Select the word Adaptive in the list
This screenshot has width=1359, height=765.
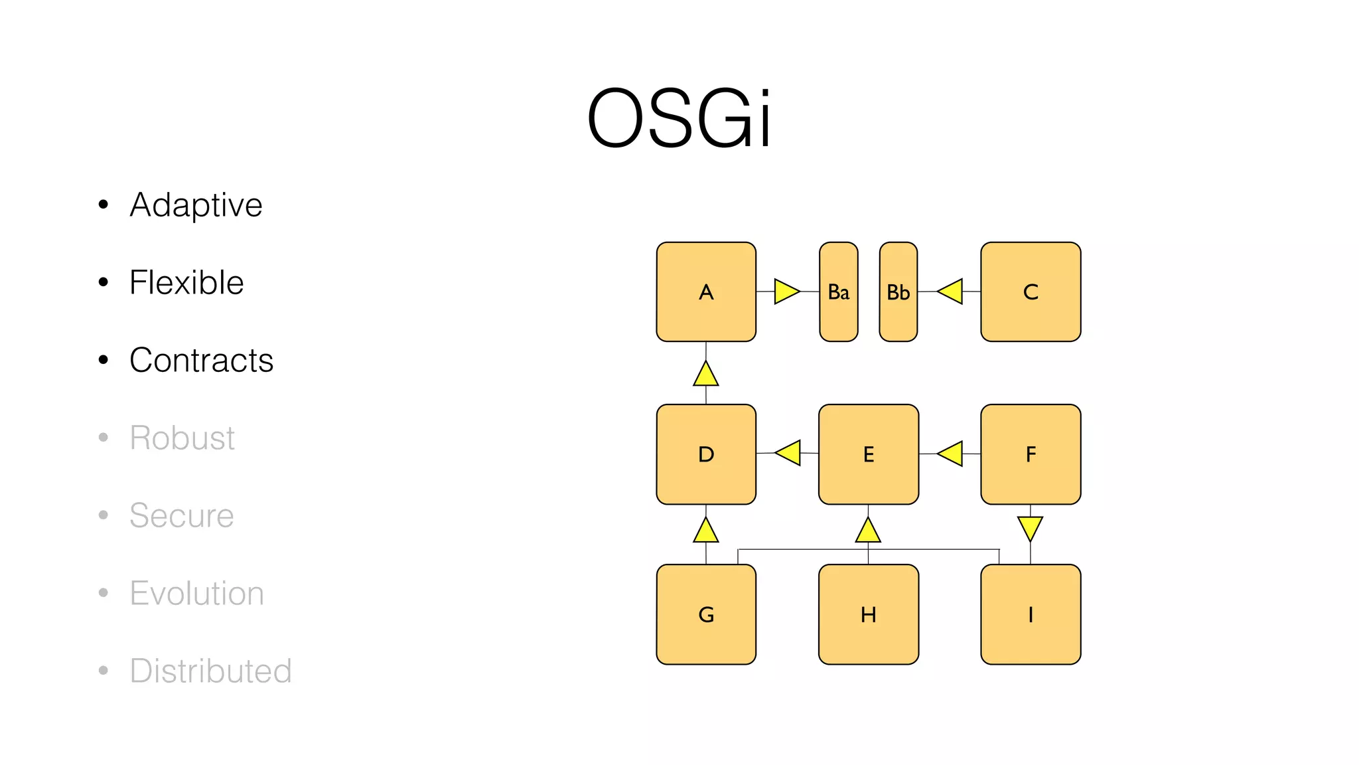tap(196, 205)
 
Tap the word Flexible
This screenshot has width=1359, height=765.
tap(186, 282)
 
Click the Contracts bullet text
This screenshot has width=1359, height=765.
tap(201, 360)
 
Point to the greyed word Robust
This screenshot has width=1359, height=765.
tap(182, 438)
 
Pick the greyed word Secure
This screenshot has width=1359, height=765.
tap(181, 515)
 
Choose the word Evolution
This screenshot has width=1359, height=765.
tap(196, 593)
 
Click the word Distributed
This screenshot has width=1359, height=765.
tap(210, 671)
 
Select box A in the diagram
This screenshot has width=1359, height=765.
tap(706, 292)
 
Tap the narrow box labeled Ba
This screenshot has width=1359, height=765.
tap(839, 292)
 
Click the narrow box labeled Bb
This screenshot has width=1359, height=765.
tap(898, 292)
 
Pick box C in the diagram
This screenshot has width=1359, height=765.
tap(1031, 292)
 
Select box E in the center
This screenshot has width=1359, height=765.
tap(869, 454)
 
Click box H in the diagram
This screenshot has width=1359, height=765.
tap(869, 614)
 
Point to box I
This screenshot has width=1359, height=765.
tap(1031, 614)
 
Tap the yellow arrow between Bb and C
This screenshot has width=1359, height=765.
tap(952, 292)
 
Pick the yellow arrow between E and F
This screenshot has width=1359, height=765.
tap(952, 454)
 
